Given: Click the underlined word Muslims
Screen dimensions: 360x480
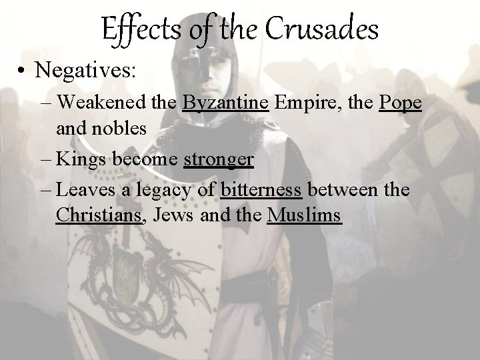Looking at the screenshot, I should pos(304,216).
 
